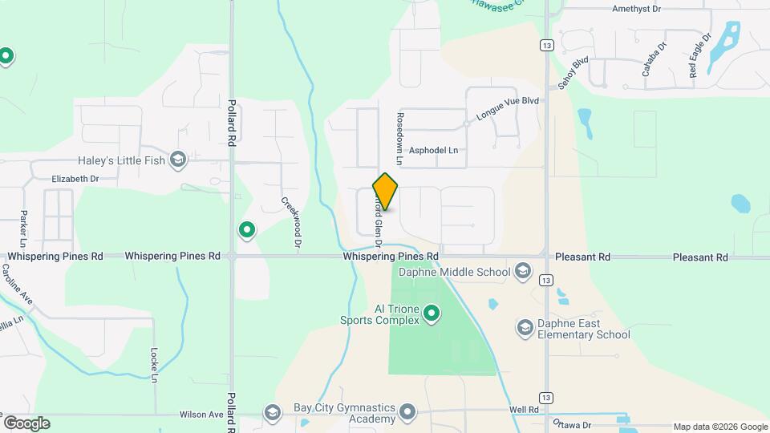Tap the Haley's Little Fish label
pyautogui.click(x=122, y=160)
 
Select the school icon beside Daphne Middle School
pyautogui.click(x=523, y=272)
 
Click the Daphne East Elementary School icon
pyautogui.click(x=525, y=327)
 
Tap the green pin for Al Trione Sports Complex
pyautogui.click(x=432, y=313)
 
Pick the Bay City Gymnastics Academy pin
pyautogui.click(x=408, y=413)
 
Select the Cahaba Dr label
pyautogui.click(x=654, y=59)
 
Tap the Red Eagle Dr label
pyautogui.click(x=699, y=55)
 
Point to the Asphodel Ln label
pyautogui.click(x=433, y=150)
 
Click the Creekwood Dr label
pyautogui.click(x=290, y=221)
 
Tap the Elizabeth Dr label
pyautogui.click(x=75, y=179)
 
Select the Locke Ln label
pyautogui.click(x=153, y=364)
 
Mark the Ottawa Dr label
pyautogui.click(x=571, y=424)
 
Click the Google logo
pyautogui.click(x=26, y=423)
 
